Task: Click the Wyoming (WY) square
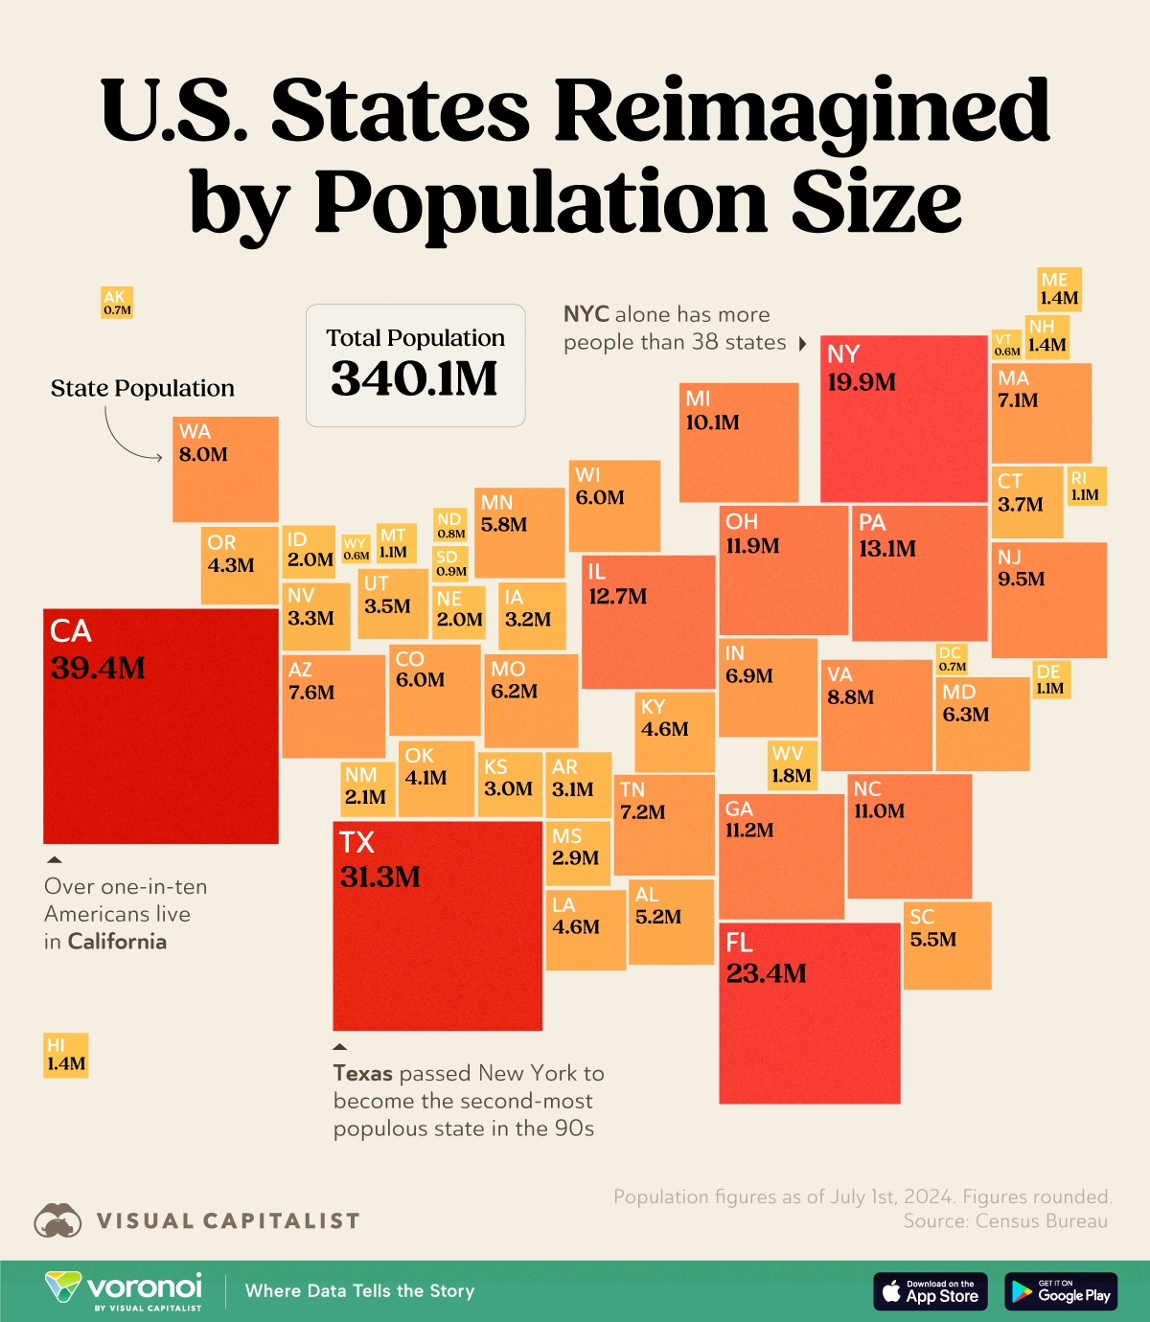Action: coord(356,549)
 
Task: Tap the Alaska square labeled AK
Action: coord(117,303)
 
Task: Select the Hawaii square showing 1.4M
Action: coord(66,1055)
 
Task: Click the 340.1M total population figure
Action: coord(415,379)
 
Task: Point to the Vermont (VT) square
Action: coord(1006,345)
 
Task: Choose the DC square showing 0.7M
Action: coord(952,659)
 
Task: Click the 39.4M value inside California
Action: coord(98,668)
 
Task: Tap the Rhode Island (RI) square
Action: coord(1087,487)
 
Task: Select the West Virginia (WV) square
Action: coord(792,765)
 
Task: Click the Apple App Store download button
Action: coord(930,1291)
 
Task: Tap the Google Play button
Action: coord(1061,1291)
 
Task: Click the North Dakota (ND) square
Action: coord(450,526)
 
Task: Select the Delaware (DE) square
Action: coord(1051,679)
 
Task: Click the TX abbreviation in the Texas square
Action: coord(356,843)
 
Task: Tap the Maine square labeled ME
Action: coord(1059,289)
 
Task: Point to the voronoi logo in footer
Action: coord(125,1289)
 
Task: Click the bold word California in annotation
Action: coord(117,942)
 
